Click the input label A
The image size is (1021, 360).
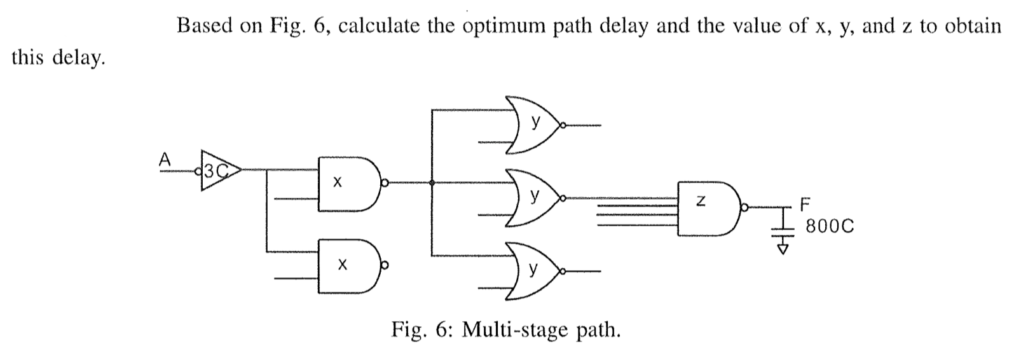coord(165,160)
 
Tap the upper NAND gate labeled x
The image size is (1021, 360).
coord(347,183)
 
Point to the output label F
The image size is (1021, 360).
coord(805,205)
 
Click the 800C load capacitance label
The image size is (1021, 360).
coord(829,226)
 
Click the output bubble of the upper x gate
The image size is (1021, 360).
coord(384,184)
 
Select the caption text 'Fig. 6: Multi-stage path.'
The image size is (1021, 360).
coord(505,330)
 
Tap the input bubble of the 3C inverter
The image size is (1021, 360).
coord(199,170)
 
